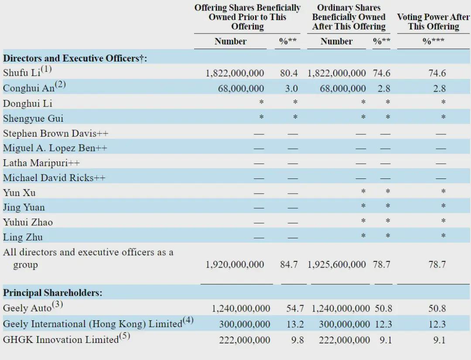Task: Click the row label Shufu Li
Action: click(22, 73)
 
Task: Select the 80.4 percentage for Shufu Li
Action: click(289, 73)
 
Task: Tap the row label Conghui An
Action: click(29, 88)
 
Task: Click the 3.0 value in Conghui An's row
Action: click(291, 88)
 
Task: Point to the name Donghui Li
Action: click(27, 103)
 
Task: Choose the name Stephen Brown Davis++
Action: click(55, 133)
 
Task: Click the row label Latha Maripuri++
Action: click(41, 163)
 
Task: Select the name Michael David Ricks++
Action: click(55, 178)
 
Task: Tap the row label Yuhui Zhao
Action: click(28, 222)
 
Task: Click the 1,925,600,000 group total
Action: click(337, 264)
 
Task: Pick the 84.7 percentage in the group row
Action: click(289, 264)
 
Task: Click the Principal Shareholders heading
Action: click(53, 293)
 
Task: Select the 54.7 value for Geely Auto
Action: click(295, 309)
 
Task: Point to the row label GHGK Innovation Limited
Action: click(61, 339)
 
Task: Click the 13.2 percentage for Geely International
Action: click(295, 324)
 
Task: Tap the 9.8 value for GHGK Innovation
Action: click(297, 340)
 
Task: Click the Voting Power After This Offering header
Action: click(433, 21)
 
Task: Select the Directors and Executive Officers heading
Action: click(75, 58)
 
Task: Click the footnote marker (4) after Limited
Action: click(188, 320)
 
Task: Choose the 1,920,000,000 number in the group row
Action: click(235, 264)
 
